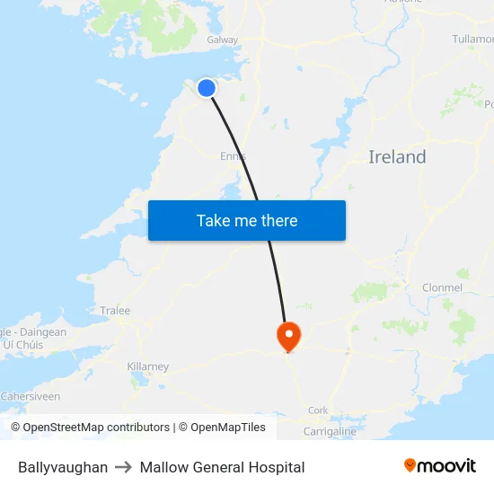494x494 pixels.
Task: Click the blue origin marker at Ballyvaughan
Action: (207, 87)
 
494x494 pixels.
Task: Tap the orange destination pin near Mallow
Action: (288, 336)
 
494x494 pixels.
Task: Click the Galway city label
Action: (223, 40)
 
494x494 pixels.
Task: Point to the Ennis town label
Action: (233, 156)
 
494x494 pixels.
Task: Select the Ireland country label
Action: (397, 157)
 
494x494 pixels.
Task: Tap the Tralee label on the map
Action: (115, 311)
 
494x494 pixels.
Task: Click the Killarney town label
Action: (148, 366)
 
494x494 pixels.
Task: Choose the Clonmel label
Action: (442, 288)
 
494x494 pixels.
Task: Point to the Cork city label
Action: (318, 410)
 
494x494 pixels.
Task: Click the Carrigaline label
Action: (330, 432)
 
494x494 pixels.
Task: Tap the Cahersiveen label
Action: (31, 396)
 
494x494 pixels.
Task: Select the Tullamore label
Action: (472, 40)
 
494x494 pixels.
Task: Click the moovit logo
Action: (439, 466)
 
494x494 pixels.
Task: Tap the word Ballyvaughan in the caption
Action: (63, 467)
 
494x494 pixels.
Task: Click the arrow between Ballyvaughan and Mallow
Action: (124, 467)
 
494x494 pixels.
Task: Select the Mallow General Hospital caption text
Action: (222, 467)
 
